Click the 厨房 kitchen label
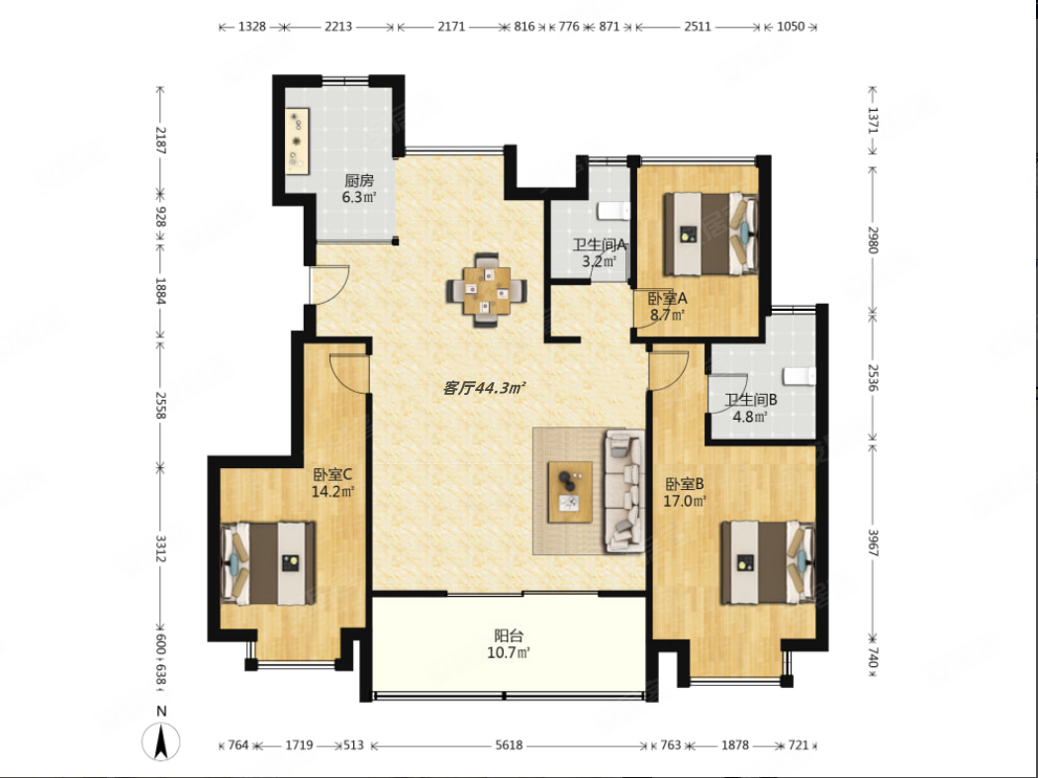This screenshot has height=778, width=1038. [359, 180]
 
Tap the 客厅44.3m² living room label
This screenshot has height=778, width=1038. [484, 388]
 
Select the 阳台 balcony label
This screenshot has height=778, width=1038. [509, 635]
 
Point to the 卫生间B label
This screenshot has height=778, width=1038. [750, 400]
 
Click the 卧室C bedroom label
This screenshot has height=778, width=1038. [332, 475]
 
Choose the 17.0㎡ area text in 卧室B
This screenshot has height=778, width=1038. [685, 501]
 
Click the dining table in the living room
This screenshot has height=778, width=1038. [487, 290]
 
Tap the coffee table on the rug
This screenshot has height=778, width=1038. [570, 492]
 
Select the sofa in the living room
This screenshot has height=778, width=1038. [624, 491]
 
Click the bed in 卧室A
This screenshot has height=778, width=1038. [710, 234]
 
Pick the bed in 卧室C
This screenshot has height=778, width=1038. [267, 563]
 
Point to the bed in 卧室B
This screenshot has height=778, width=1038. [768, 562]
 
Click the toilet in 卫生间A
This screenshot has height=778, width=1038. [613, 211]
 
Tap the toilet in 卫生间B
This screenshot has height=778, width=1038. [799, 376]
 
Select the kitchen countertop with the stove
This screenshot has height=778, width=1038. [298, 141]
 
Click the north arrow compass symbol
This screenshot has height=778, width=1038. [161, 741]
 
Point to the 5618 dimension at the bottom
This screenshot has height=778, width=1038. [509, 745]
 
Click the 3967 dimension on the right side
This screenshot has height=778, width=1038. [873, 543]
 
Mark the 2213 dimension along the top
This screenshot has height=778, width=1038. [338, 27]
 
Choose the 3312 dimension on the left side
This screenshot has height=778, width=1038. [159, 548]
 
